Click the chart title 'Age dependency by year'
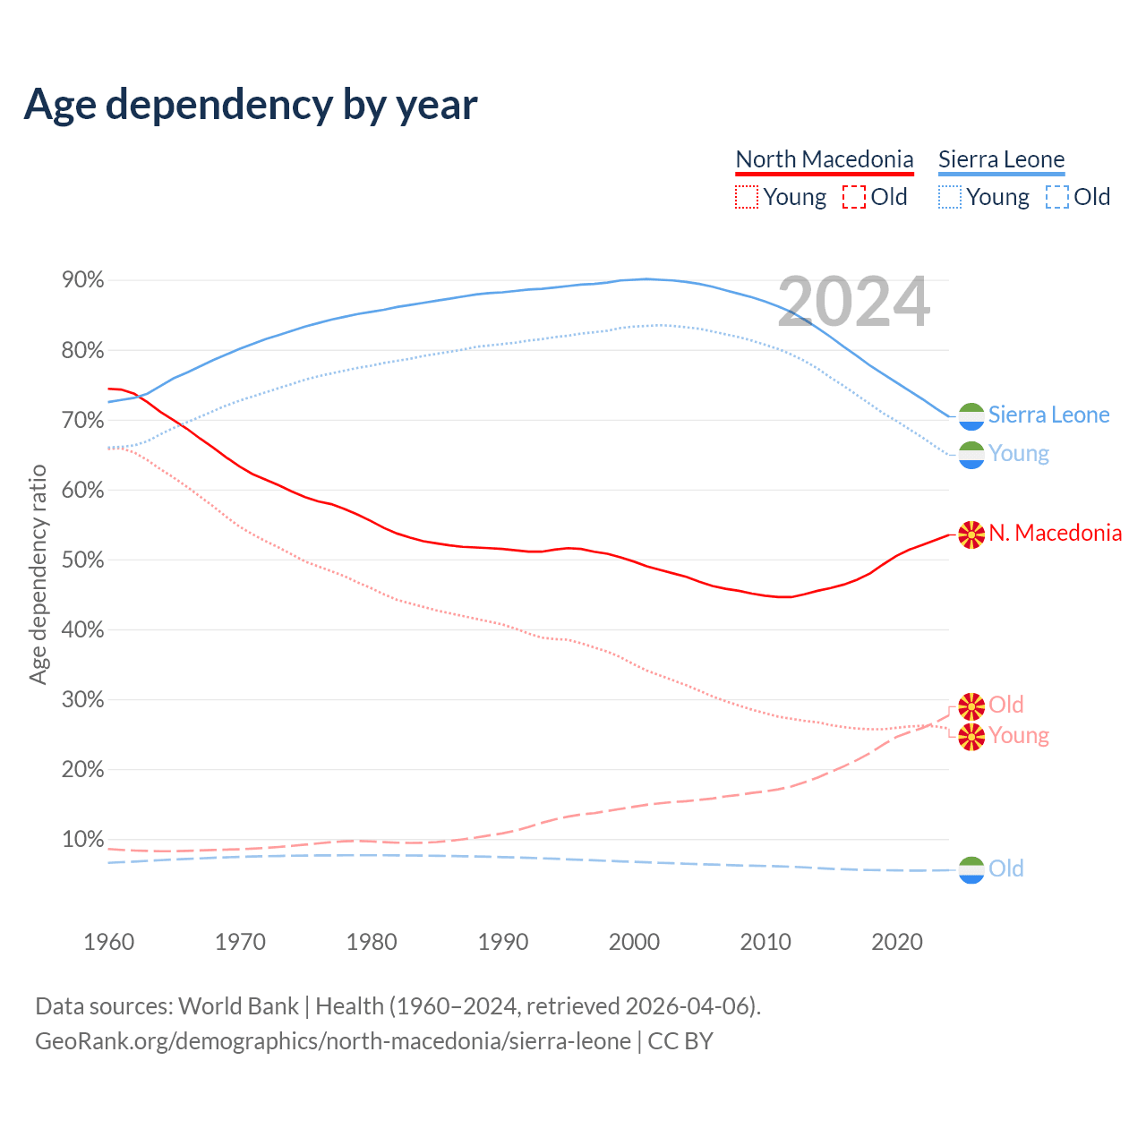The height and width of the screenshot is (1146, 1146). point(251,104)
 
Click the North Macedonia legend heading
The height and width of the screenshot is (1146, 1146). point(824,159)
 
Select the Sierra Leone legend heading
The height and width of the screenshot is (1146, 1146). point(1001,159)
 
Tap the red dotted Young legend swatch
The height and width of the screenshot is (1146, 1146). point(746,197)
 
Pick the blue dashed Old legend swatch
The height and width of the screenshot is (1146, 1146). point(1056,197)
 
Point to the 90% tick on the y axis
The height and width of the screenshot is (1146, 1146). point(82,280)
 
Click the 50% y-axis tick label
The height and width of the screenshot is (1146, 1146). point(82,560)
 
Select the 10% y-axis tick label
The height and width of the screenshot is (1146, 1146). point(82,840)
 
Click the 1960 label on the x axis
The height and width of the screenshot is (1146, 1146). point(108,942)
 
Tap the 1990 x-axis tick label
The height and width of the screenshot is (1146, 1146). point(503,942)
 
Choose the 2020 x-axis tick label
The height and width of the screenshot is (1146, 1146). point(897,942)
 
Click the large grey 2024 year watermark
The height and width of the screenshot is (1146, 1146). point(853,302)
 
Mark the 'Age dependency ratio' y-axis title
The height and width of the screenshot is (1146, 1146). point(38,574)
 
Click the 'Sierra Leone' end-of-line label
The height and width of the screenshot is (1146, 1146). point(1048,415)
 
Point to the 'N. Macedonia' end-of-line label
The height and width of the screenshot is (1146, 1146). point(1055,534)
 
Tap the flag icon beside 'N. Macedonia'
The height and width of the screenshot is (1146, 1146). point(971,535)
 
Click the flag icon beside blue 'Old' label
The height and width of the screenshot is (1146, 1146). point(971,869)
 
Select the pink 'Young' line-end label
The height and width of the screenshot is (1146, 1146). point(1019,736)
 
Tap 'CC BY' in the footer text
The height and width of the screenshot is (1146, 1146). point(680,1041)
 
